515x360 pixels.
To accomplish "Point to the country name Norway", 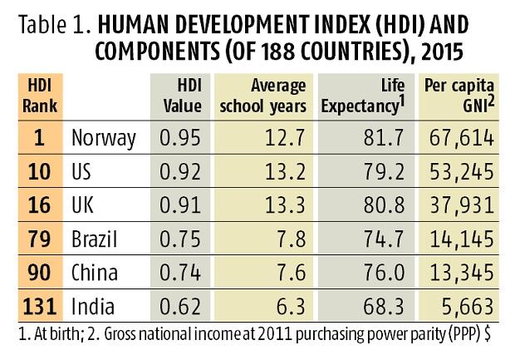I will point(104,136).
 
